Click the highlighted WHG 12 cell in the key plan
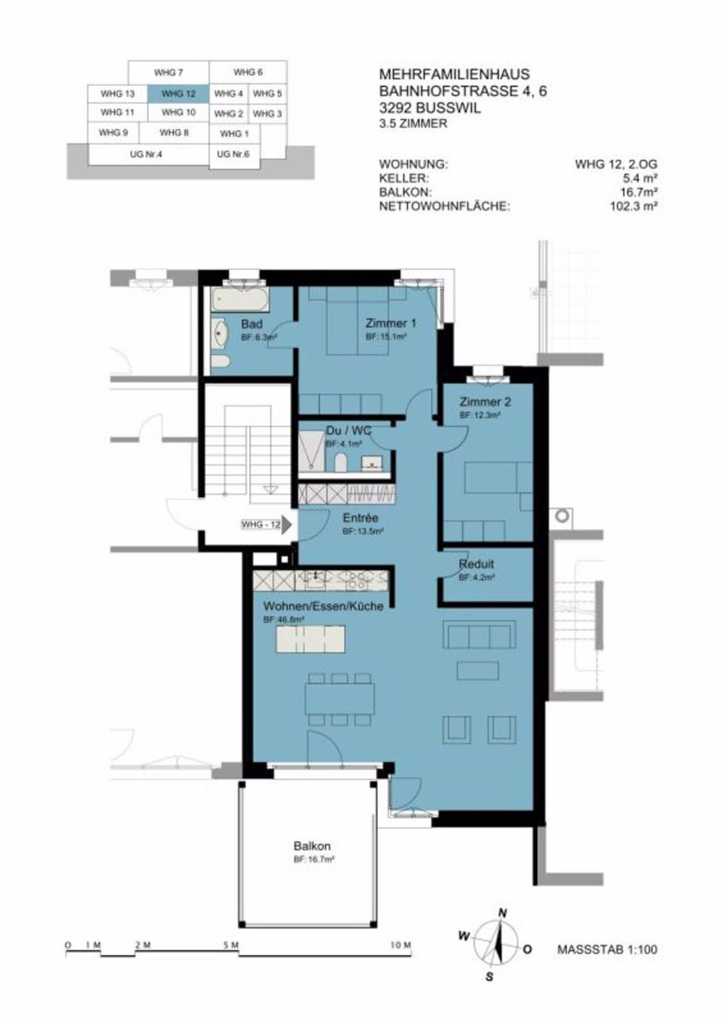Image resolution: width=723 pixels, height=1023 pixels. point(178,94)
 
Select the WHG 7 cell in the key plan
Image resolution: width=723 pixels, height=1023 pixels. point(168,73)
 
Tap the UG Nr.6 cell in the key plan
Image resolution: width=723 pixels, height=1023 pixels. point(233,155)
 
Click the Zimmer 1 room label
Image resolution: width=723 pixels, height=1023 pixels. point(390,323)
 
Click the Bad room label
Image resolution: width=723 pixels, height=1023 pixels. point(252,324)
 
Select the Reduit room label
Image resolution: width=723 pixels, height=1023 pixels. point(476,564)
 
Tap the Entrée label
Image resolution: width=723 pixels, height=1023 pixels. point(360,518)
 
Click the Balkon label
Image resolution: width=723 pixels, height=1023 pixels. point(312,846)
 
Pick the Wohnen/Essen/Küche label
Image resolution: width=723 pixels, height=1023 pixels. point(323,606)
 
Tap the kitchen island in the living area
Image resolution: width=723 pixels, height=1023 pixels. point(310,639)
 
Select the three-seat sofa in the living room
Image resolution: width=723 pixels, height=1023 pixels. point(479,636)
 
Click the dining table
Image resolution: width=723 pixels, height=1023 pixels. point(340,699)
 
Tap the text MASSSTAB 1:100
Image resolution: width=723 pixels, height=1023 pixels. point(607,949)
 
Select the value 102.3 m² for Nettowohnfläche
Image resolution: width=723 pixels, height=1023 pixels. point(633,206)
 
